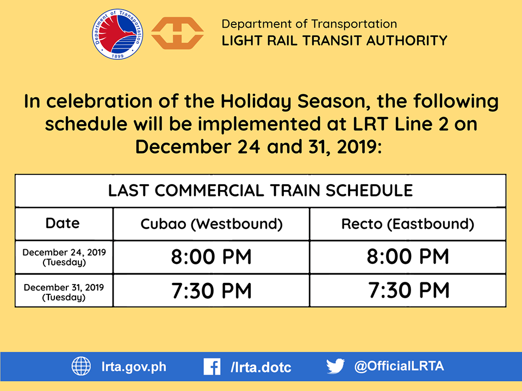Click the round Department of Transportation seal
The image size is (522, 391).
click(117, 34)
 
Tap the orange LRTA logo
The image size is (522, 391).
click(177, 33)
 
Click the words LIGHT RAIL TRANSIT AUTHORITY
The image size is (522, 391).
click(334, 41)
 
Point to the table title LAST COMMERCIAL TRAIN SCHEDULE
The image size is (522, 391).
click(260, 191)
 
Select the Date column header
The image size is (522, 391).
click(63, 223)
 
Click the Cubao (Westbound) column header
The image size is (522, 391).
click(212, 224)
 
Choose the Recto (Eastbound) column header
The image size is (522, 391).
click(408, 224)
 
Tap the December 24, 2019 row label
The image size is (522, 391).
click(64, 257)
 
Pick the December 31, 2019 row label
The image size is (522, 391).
click(64, 292)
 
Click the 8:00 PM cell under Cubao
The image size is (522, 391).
click(212, 257)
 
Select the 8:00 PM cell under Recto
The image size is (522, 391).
click(408, 257)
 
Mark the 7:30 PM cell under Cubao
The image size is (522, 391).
click(212, 291)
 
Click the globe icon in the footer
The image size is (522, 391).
click(81, 366)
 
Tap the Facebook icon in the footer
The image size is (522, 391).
click(212, 367)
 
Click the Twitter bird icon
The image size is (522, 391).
click(335, 366)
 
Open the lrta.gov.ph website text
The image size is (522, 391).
click(134, 367)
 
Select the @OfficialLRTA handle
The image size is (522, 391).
click(399, 366)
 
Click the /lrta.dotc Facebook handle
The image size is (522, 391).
click(260, 367)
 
